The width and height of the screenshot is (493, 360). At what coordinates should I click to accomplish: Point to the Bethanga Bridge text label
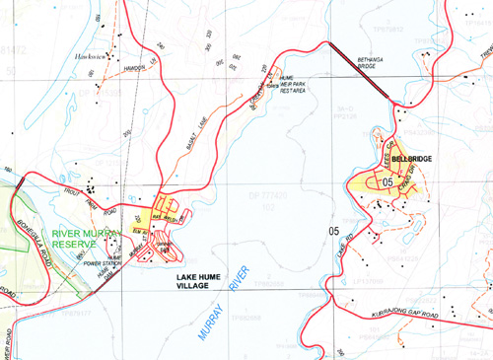pos(373,62)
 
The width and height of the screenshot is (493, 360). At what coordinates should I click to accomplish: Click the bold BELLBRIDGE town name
pos(412,158)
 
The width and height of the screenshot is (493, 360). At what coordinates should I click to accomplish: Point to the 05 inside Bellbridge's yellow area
pos(387,182)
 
